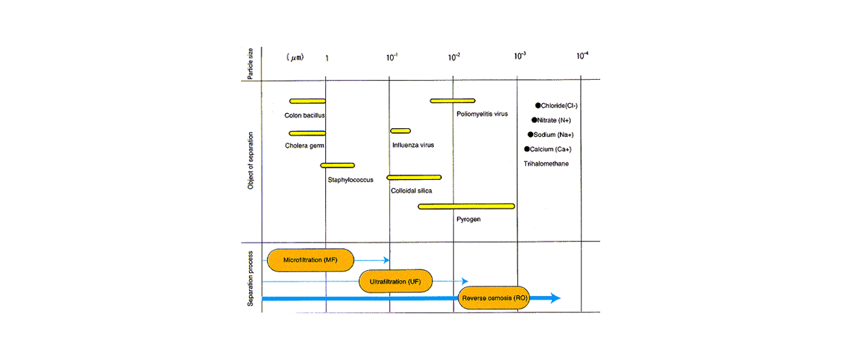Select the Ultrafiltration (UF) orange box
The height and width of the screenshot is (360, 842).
[394, 281]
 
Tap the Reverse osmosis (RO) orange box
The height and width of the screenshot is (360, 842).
[494, 298]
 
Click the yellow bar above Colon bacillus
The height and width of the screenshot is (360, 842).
[307, 101]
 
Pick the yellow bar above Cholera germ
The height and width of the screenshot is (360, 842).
[307, 133]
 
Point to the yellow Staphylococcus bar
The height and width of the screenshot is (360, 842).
[338, 166]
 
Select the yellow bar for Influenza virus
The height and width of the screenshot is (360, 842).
[400, 131]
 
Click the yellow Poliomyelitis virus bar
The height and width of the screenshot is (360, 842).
[453, 101]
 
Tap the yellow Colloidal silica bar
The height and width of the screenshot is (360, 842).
[414, 177]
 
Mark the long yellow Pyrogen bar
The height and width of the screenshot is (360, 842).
[466, 207]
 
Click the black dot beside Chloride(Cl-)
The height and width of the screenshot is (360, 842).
[538, 105]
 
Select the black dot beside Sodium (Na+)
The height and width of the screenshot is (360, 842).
[530, 134]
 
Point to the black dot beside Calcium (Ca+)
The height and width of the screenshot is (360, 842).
[527, 149]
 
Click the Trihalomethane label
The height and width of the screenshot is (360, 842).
[546, 164]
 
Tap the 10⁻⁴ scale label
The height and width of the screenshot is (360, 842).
[581, 56]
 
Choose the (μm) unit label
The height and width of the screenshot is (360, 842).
[295, 56]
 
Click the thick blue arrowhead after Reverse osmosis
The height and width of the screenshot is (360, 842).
[554, 298]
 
